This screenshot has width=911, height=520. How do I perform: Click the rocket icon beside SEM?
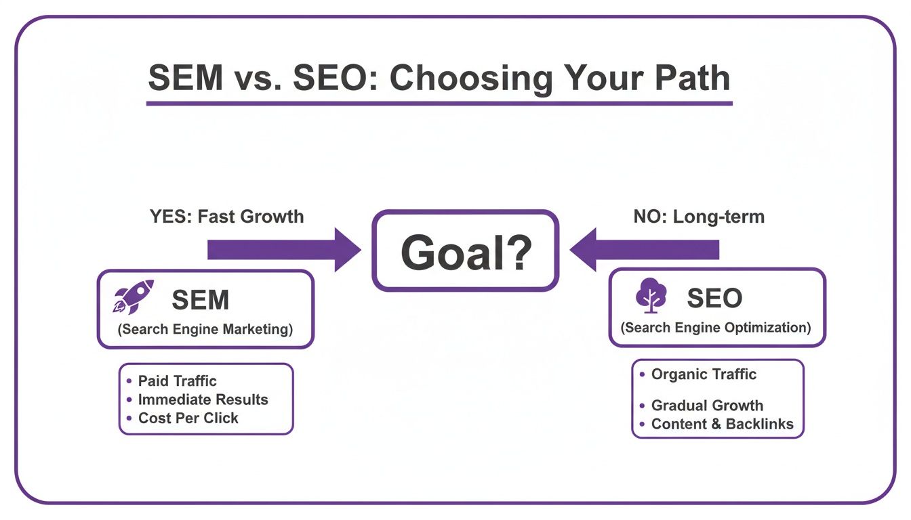133,298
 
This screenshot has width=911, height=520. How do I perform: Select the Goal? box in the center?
465,251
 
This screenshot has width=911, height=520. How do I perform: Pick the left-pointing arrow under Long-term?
644,250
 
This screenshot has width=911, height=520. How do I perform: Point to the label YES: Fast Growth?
226,217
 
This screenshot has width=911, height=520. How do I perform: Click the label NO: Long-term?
699,217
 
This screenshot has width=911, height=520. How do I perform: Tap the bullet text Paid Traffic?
177,381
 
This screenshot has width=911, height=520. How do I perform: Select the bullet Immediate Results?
203,399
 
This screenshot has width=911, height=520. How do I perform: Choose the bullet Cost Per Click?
188,418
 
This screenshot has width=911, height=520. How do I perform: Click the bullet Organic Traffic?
703,374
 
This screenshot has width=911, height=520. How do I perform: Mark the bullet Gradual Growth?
707,406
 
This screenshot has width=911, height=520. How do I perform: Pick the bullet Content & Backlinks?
722,425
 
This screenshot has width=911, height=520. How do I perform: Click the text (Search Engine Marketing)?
205,330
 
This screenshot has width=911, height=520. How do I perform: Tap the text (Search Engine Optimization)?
716,328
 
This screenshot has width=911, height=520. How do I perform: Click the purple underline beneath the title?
439,104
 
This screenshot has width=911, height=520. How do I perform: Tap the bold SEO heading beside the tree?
714,298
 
